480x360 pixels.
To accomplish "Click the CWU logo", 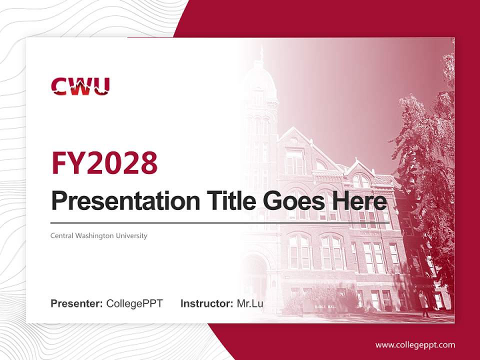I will click(80, 86).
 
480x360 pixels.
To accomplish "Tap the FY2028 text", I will click(104, 162).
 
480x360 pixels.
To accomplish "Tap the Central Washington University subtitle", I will click(99, 235).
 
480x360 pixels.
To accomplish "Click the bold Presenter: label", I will click(77, 303).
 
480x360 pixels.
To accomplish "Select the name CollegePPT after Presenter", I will click(134, 303).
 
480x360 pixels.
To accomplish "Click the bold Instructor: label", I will click(206, 303).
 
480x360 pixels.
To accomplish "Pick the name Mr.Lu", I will click(250, 303).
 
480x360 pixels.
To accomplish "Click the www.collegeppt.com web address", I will click(415, 344).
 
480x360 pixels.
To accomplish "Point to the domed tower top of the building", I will click(259, 75).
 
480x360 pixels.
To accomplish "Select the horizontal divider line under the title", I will click(220, 222).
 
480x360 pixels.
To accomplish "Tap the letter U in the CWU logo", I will click(101, 86).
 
